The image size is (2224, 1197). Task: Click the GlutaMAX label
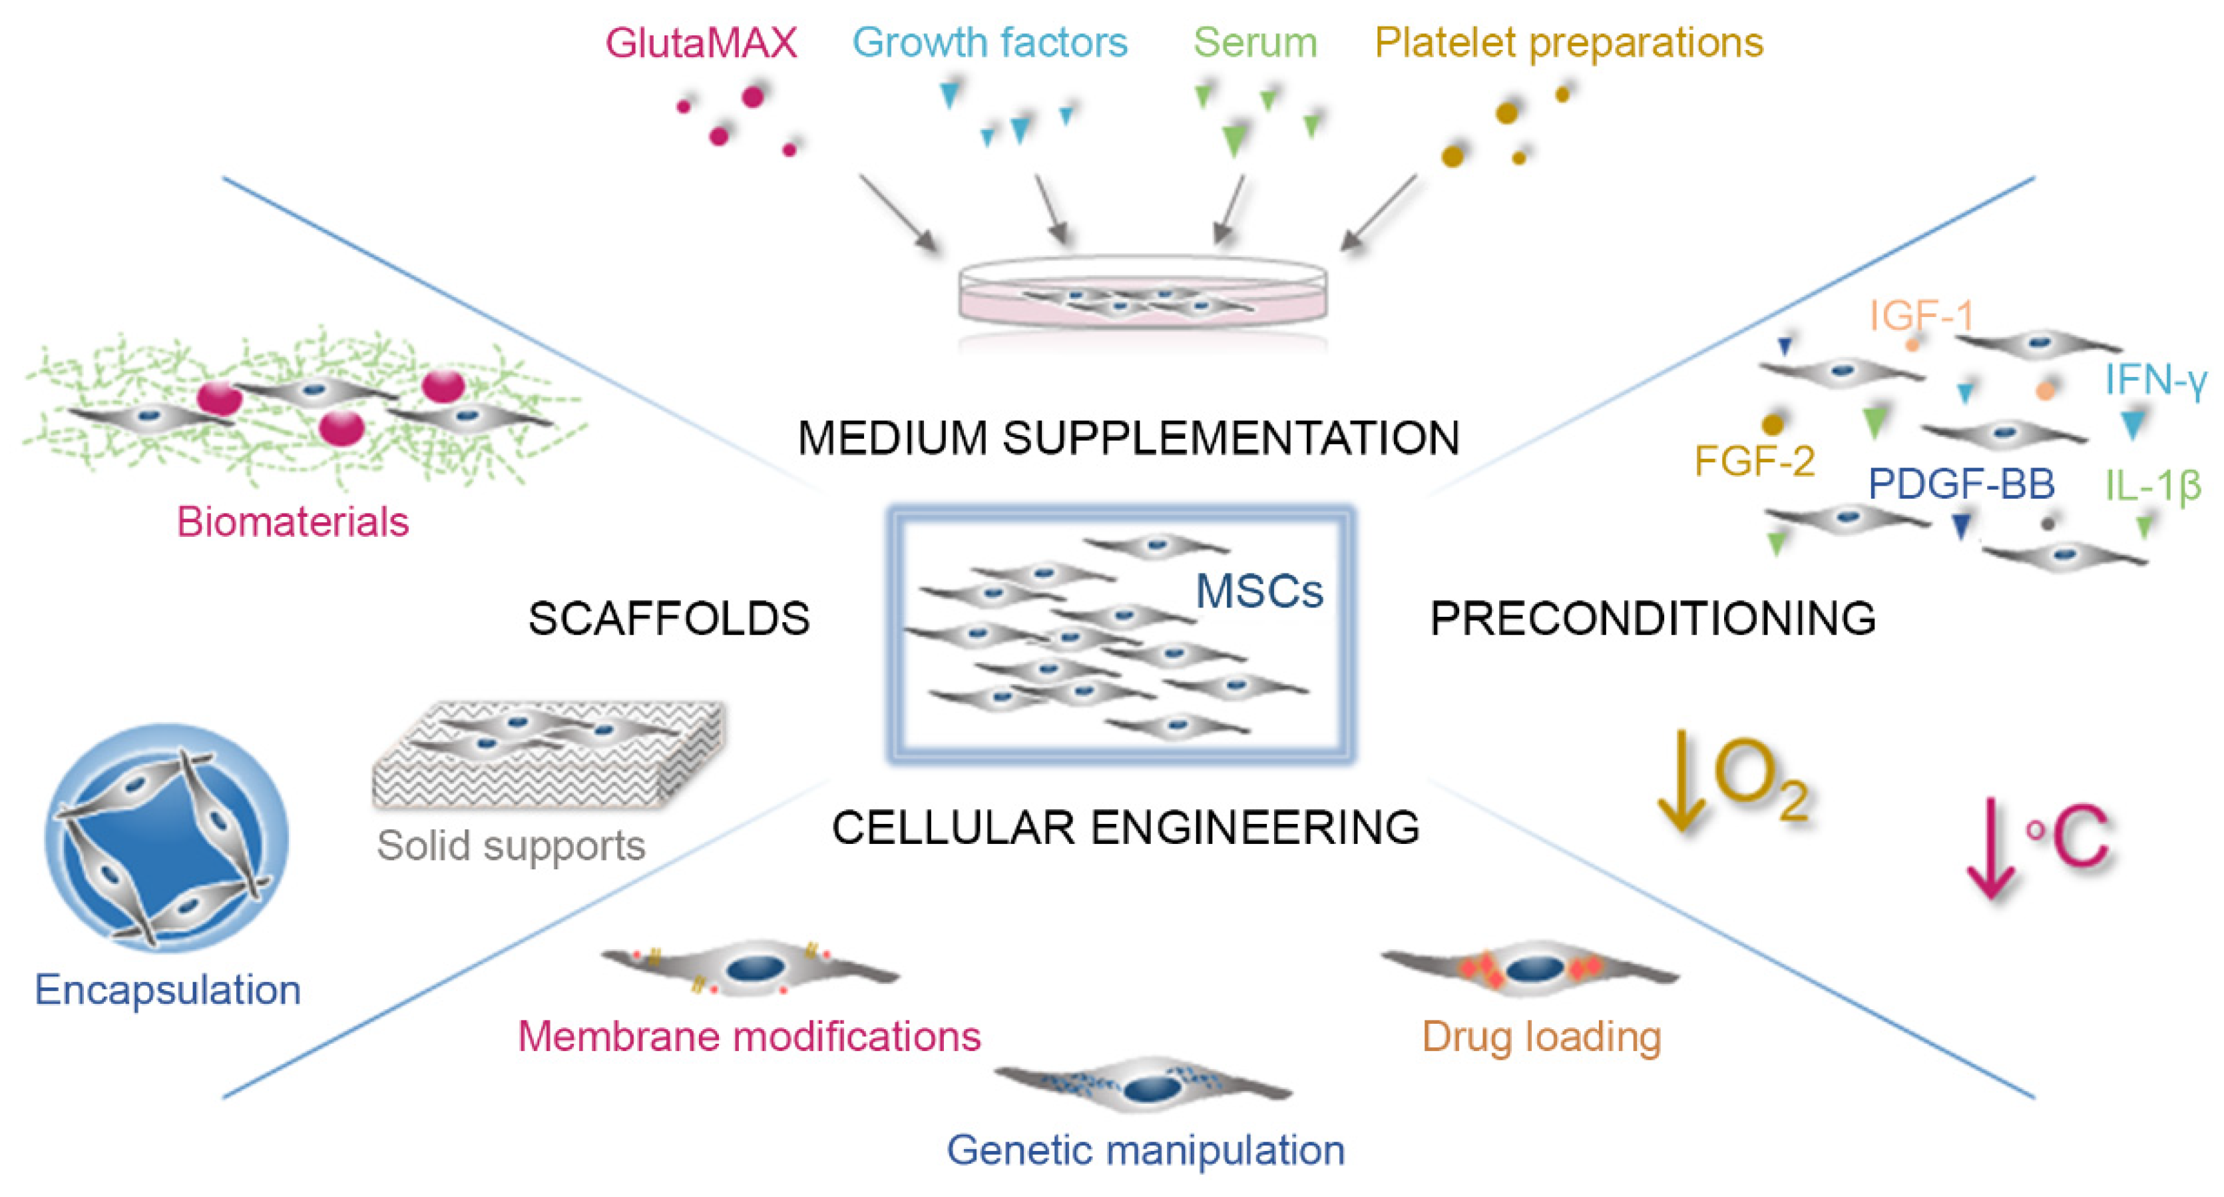point(700,43)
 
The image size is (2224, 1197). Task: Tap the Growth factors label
point(989,43)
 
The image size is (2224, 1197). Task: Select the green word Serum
point(1255,43)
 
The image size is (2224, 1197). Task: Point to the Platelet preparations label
point(1568,43)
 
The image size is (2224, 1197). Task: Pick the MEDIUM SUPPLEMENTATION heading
point(1128,438)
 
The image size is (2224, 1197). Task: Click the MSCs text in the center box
point(1258,592)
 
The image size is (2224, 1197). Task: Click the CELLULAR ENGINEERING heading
point(1125,827)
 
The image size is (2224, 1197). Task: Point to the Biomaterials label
point(293,522)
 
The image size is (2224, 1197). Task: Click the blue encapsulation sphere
point(166,838)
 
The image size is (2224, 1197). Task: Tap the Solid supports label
point(511,845)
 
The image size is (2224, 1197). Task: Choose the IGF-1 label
point(1921,315)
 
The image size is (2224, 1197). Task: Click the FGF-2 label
point(1753,461)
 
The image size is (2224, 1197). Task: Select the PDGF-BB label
point(1960,484)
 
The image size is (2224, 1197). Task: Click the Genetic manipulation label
point(1145,1150)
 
